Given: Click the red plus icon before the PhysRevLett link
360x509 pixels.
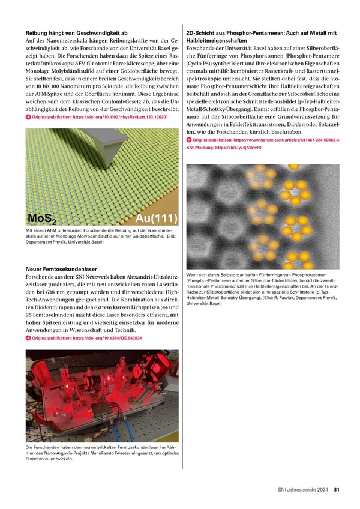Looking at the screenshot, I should (28, 118).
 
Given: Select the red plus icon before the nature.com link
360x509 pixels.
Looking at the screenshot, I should (189, 140).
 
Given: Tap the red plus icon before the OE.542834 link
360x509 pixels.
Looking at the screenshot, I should (28, 338).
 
